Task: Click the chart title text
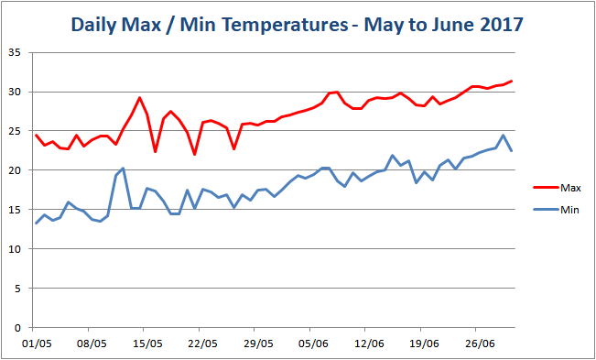pyautogui.click(x=298, y=25)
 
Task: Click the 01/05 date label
pyautogui.click(x=36, y=344)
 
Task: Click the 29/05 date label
pyautogui.click(x=257, y=344)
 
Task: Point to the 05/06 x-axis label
pyautogui.click(x=312, y=344)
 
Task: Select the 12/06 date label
pyautogui.click(x=367, y=344)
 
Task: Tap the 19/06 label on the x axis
pyautogui.click(x=422, y=344)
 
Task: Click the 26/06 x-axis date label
pyautogui.click(x=478, y=344)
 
